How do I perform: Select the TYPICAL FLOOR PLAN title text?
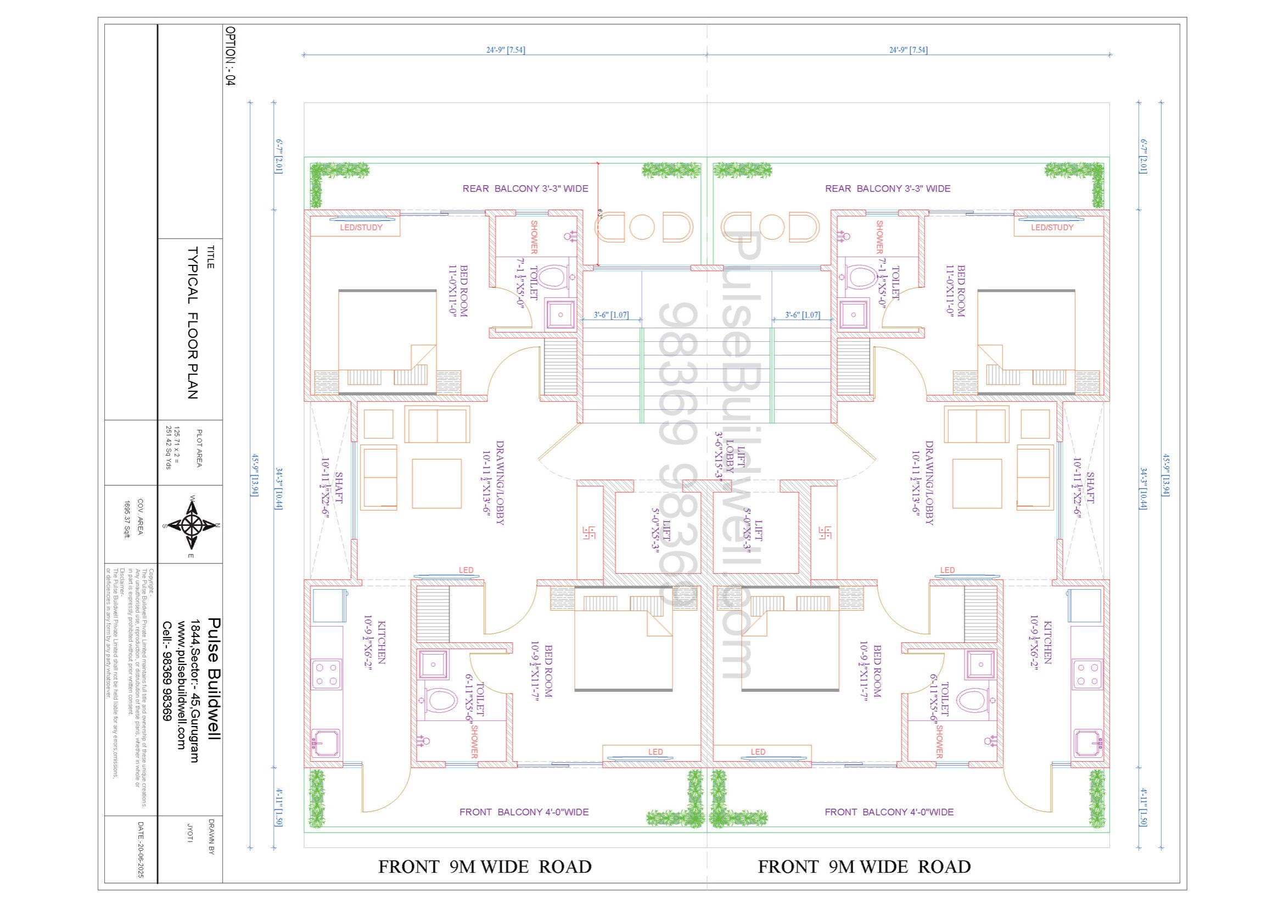click(192, 323)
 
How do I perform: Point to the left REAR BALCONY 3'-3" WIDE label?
click(525, 189)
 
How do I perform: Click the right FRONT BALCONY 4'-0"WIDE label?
click(889, 812)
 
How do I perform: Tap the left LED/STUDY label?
click(361, 228)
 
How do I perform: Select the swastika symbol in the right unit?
click(826, 532)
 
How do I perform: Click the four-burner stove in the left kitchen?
click(327, 674)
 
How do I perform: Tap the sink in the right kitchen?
click(1087, 744)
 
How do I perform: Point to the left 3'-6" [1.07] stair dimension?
click(610, 315)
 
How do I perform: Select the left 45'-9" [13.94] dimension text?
click(254, 480)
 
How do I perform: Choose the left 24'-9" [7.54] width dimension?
click(505, 50)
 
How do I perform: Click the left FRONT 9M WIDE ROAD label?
click(485, 867)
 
